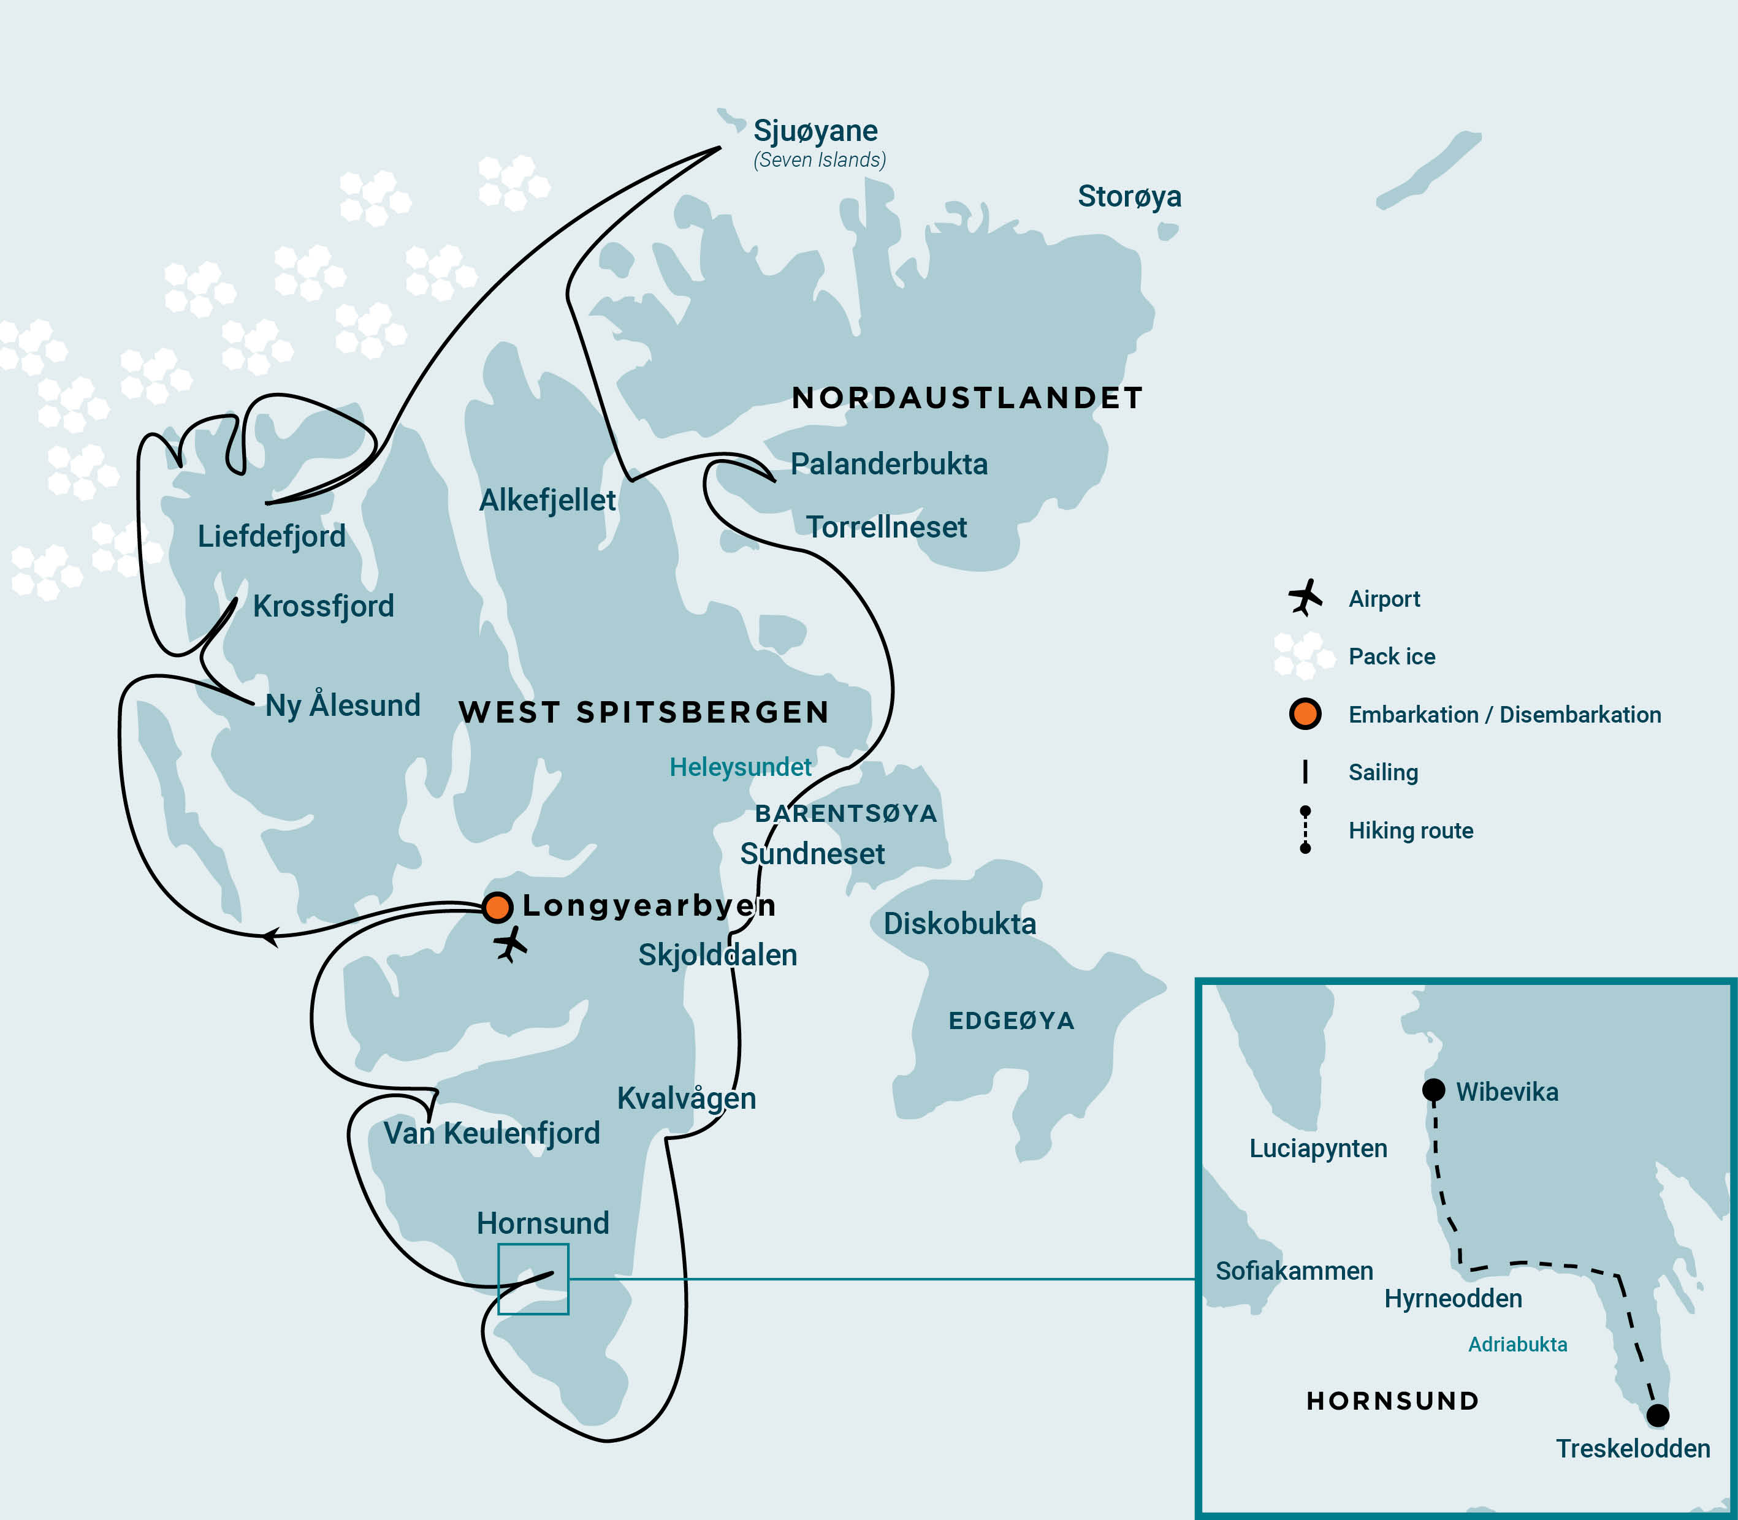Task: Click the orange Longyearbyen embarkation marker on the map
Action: [x=497, y=906]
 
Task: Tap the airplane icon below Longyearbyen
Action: [x=511, y=944]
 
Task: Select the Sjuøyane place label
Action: [x=815, y=131]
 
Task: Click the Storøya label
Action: [x=1129, y=196]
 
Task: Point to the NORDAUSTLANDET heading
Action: [x=967, y=398]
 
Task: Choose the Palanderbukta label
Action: [x=889, y=464]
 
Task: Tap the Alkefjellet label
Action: [x=547, y=500]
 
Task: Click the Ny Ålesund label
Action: [x=343, y=705]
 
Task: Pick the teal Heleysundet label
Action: [x=740, y=767]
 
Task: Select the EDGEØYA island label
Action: [x=1011, y=1020]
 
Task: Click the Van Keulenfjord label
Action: [x=491, y=1133]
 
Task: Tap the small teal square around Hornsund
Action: [x=533, y=1279]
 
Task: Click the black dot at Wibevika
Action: [x=1433, y=1090]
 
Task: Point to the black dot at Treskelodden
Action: [x=1658, y=1415]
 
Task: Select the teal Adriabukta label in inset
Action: [x=1517, y=1345]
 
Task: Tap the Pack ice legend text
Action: [x=1392, y=656]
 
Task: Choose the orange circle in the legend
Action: [x=1305, y=713]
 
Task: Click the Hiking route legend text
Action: [x=1411, y=830]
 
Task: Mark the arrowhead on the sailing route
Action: [x=270, y=937]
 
